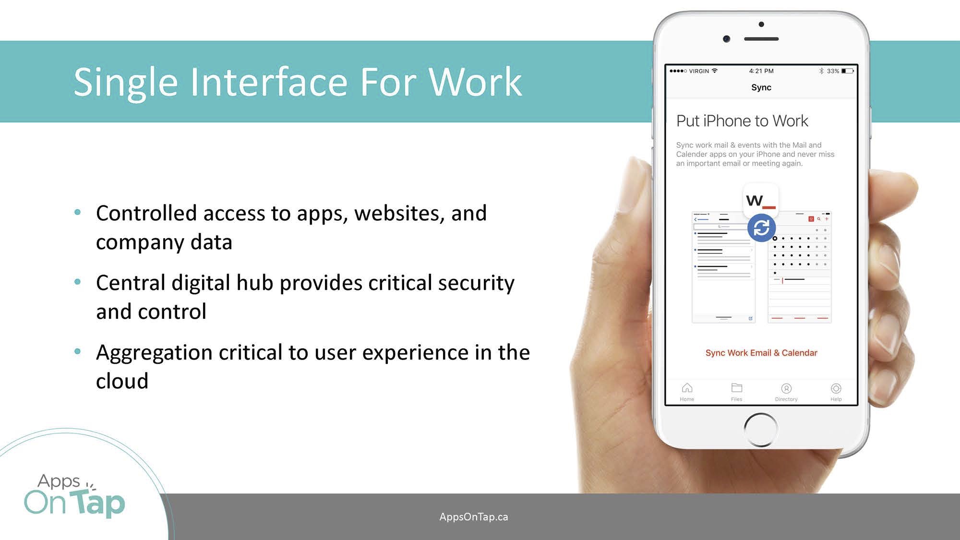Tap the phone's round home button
point(761,430)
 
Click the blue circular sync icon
point(761,228)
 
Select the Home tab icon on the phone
point(687,388)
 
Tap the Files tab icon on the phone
point(736,388)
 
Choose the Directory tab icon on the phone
point(786,388)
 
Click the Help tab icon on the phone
point(836,388)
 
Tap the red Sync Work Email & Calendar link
point(761,353)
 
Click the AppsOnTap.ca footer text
point(474,517)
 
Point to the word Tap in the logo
point(100,503)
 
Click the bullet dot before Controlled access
point(78,212)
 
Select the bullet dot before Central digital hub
point(78,282)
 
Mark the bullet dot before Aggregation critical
point(78,351)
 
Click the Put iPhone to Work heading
point(742,121)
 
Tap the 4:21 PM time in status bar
point(761,71)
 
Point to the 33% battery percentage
point(833,71)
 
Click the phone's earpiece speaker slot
point(761,39)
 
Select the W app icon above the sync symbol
point(761,200)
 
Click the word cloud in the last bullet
point(122,381)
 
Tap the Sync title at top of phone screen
point(761,87)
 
